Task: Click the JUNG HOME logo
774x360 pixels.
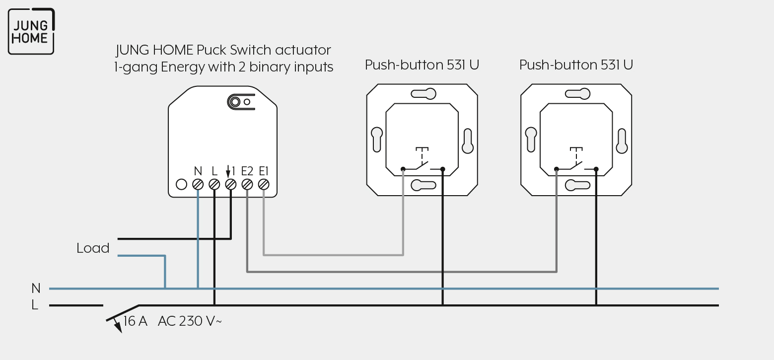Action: tap(31, 31)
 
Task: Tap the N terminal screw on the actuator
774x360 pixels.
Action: tap(198, 185)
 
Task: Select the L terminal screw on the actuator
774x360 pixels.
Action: tap(214, 185)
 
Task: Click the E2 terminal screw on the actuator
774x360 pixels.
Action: tap(247, 185)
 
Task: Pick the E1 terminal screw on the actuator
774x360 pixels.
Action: tap(264, 185)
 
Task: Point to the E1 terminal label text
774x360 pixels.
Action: tap(264, 171)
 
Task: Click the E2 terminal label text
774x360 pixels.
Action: tap(247, 171)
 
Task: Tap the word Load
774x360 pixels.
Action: tap(93, 248)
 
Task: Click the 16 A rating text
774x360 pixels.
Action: tap(136, 321)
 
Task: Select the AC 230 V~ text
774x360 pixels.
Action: tap(190, 321)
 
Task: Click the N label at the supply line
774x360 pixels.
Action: tap(36, 288)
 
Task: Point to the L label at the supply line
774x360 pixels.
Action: tap(35, 305)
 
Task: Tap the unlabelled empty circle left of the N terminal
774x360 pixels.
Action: tap(181, 185)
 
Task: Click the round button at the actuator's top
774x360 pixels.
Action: tap(235, 102)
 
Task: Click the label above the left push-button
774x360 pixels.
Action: tap(422, 65)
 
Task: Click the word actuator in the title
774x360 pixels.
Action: tap(303, 50)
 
